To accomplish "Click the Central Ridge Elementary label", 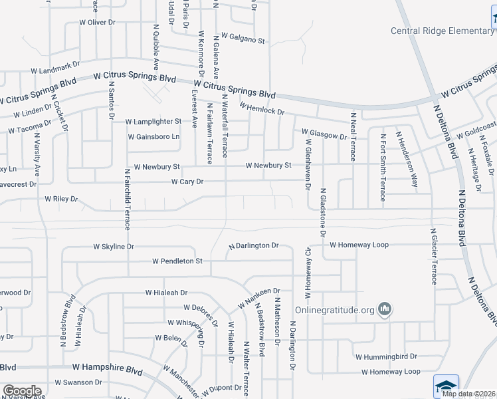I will (442, 31).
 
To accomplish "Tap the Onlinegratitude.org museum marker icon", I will (385, 309).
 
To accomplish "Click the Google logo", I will (21, 391).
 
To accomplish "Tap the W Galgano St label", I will (243, 40).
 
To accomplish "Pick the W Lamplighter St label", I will (153, 122).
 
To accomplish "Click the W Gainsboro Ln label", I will (153, 137).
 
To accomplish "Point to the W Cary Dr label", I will (187, 182).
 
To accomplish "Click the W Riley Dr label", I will (61, 198).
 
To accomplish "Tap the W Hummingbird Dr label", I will (385, 356).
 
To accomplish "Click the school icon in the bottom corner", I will (446, 386).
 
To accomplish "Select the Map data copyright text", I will (468, 394).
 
